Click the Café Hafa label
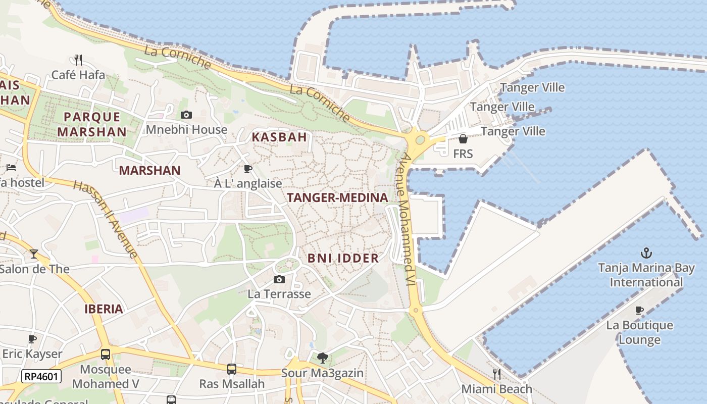coord(78,75)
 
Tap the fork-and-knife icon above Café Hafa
coord(78,60)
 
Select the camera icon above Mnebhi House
coord(186,115)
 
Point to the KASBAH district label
coord(279,137)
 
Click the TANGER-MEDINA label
coord(337,198)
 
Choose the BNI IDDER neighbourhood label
coord(343,259)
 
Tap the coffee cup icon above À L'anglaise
coord(247,169)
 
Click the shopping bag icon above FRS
coord(463,139)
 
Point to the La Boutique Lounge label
coord(639,332)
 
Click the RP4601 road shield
coord(41,376)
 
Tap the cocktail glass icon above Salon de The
coord(34,254)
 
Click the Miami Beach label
coord(497,389)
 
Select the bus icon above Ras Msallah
coord(231,369)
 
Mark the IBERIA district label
coord(104,309)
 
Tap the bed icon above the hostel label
coord(11,168)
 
